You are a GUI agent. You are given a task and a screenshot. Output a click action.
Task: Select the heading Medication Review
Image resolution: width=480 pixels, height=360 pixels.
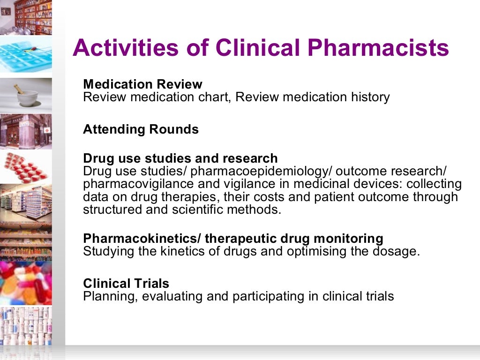tap(142, 84)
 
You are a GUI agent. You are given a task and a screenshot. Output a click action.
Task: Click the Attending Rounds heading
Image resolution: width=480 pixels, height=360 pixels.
tap(141, 129)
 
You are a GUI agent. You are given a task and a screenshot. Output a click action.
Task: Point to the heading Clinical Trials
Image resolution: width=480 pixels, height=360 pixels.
tap(126, 284)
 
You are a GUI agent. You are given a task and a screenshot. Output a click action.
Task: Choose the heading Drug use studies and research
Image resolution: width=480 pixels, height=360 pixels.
tap(180, 158)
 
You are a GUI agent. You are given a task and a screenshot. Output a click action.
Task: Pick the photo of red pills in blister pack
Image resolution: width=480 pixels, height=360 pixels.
tap(26, 166)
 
